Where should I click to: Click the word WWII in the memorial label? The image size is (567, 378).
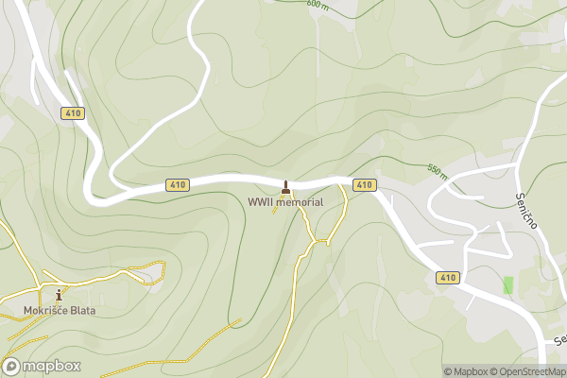[262, 202]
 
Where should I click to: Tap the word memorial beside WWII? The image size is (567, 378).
[301, 202]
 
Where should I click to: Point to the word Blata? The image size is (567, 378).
[83, 310]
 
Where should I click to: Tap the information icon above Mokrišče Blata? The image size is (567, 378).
[60, 295]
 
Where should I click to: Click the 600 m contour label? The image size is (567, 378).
[318, 4]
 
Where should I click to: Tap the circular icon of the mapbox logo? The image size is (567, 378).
[13, 367]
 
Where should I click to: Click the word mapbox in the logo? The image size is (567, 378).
[51, 367]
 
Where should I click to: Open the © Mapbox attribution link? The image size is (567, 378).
[466, 371]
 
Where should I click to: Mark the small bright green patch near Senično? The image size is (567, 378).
[508, 284]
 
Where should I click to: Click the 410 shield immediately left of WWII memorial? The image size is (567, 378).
[175, 185]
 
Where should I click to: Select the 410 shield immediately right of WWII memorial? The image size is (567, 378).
[364, 184]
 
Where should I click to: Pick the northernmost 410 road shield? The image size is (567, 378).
[73, 113]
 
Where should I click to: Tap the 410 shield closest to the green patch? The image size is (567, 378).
[448, 278]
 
